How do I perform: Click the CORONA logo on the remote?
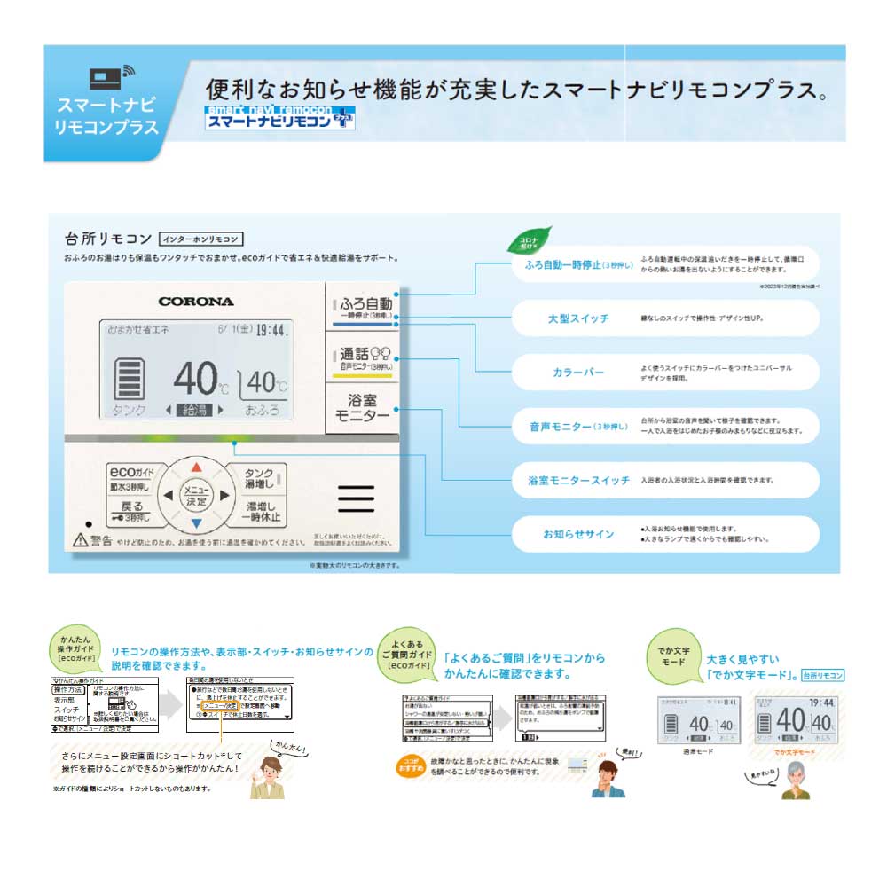195,301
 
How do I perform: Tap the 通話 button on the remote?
363,357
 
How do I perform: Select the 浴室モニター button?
363,408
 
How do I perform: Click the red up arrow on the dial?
196,465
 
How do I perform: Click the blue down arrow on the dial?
196,523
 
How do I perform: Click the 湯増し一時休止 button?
261,512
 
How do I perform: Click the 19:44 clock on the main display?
271,330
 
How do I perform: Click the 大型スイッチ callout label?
577,318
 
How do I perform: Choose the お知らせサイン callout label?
578,534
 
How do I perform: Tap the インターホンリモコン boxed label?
200,239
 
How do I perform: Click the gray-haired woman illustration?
795,781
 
